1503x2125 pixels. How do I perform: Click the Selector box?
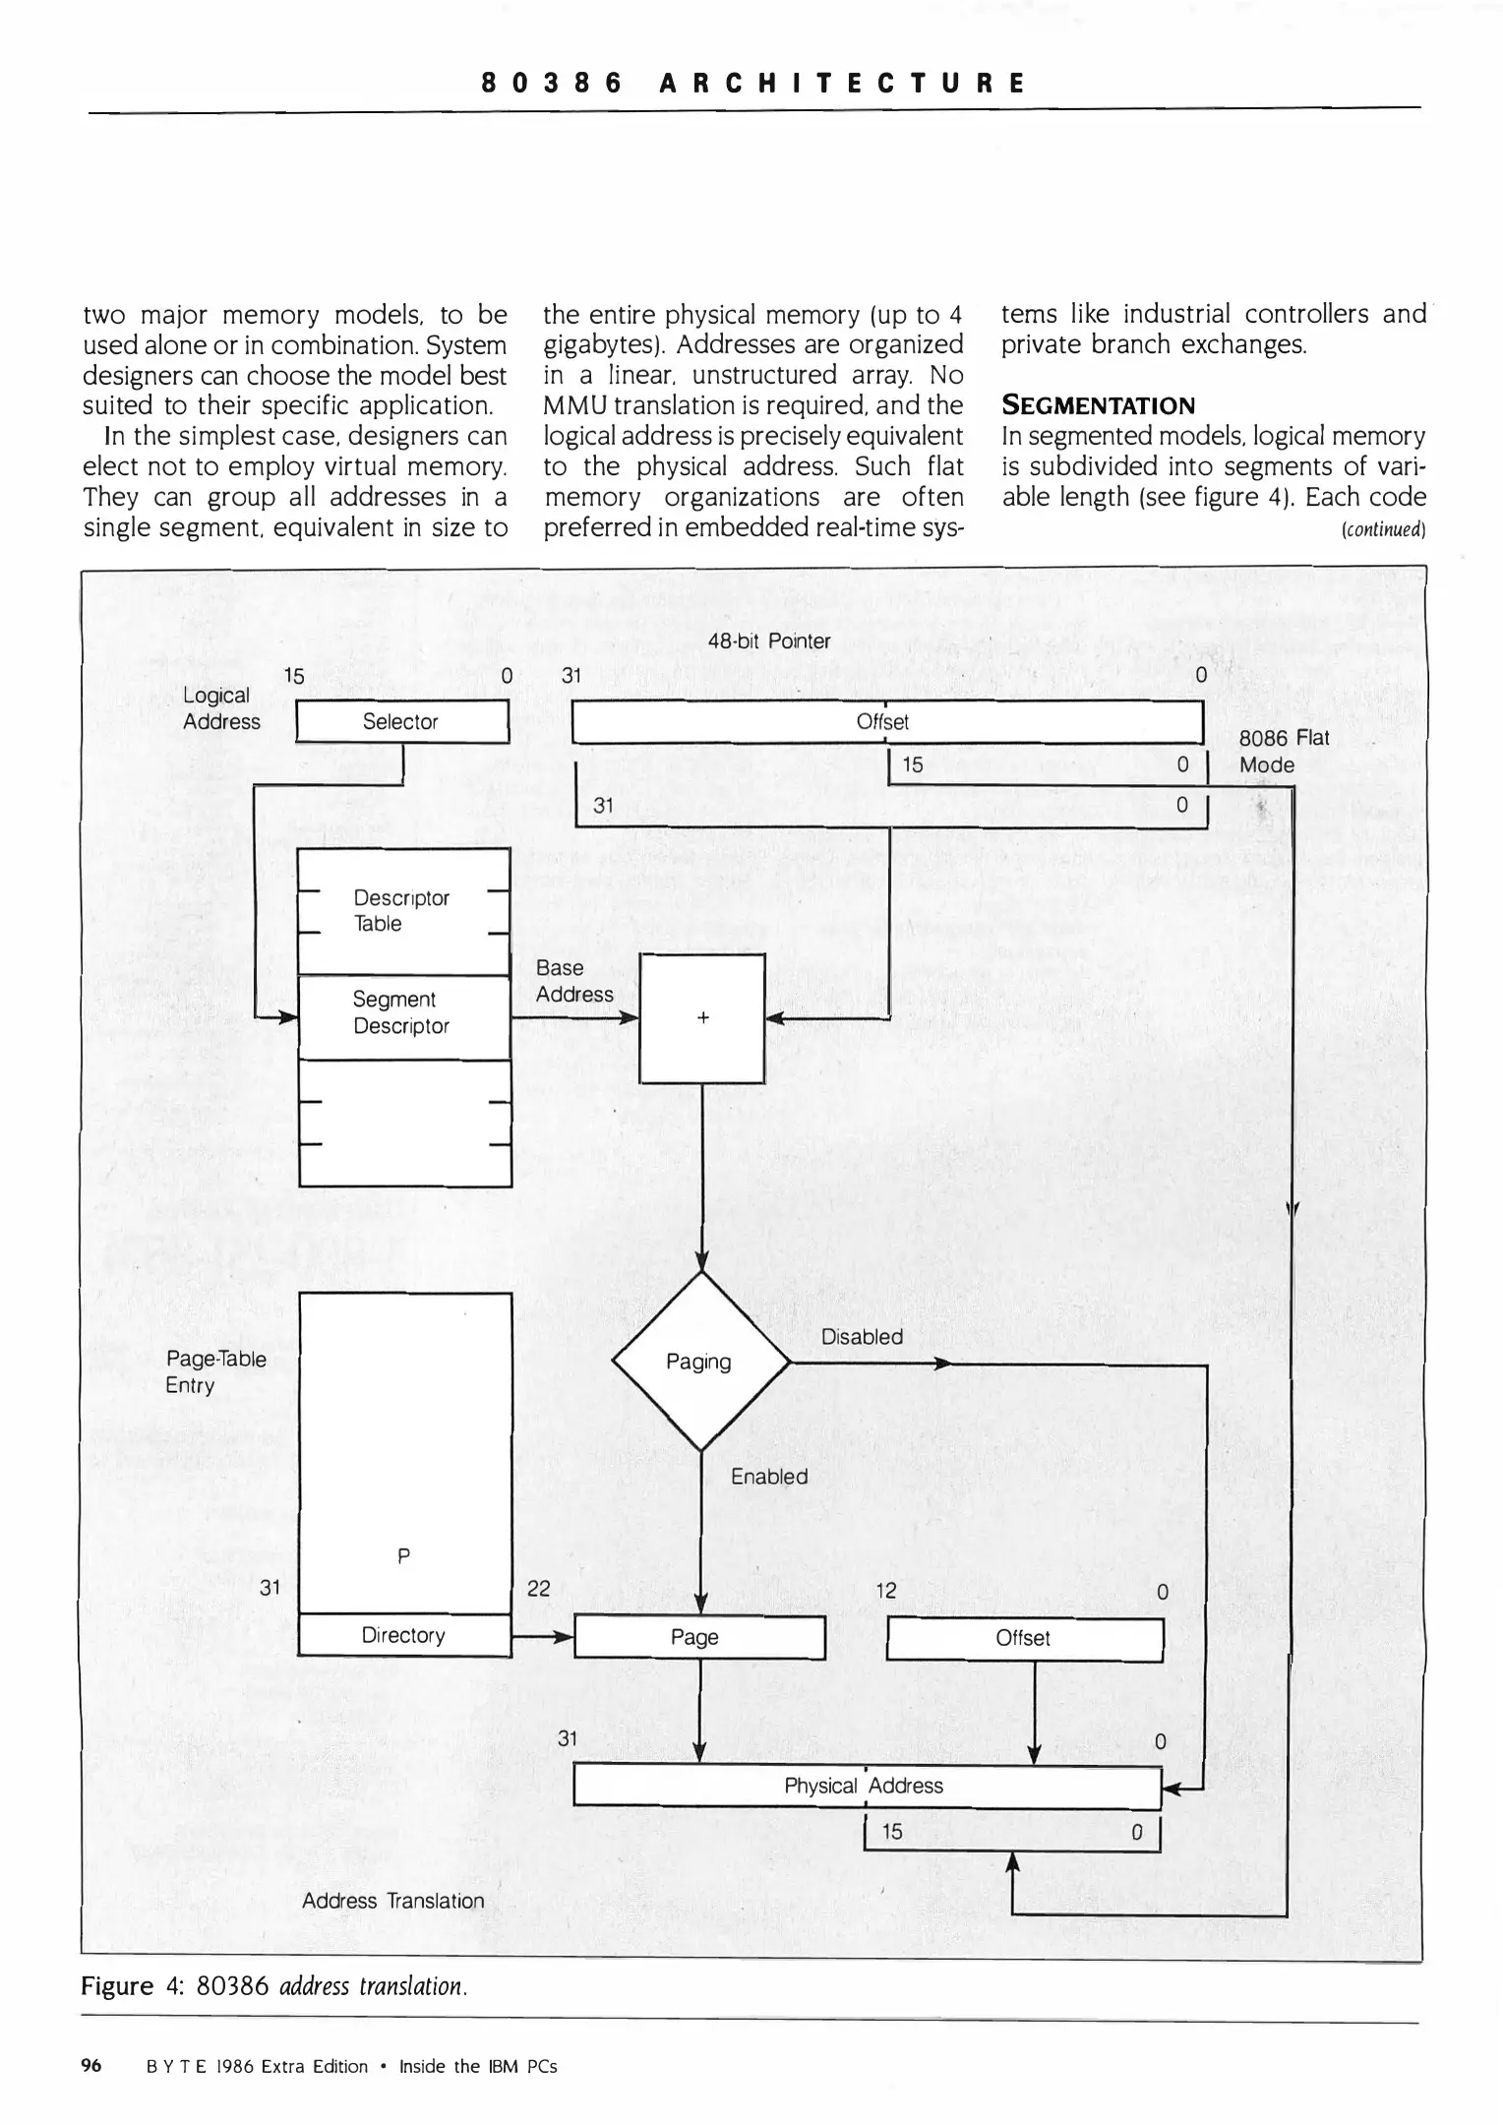(x=401, y=722)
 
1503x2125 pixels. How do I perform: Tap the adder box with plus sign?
(x=702, y=1018)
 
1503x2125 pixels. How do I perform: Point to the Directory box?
(x=403, y=1635)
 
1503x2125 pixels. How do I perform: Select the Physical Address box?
(x=866, y=1786)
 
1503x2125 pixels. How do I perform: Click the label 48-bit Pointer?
(x=769, y=641)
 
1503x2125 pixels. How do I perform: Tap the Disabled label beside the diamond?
(x=862, y=1337)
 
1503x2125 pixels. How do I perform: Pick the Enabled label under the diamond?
(x=769, y=1477)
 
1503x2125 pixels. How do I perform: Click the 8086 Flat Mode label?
(x=1281, y=752)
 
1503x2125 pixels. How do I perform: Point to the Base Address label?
(x=573, y=981)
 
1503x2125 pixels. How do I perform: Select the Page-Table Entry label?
(x=215, y=1371)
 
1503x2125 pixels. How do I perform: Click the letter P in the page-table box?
(x=403, y=1555)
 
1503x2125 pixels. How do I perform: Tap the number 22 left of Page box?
(x=539, y=1588)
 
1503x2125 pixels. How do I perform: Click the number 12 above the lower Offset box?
(x=885, y=1591)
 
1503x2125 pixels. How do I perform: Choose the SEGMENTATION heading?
(x=1098, y=406)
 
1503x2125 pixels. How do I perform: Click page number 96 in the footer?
(x=91, y=2066)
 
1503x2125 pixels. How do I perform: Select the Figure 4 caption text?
(x=273, y=1986)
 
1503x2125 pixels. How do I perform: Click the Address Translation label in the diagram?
(x=392, y=1901)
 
